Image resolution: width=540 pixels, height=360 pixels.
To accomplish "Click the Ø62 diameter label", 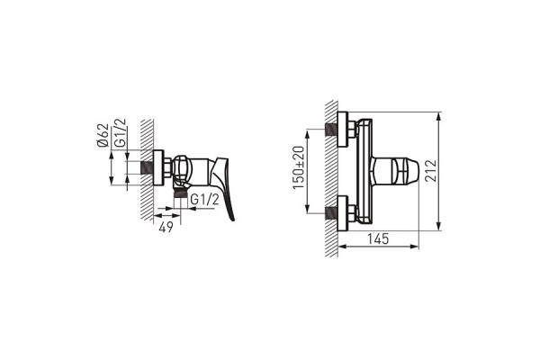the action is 103,136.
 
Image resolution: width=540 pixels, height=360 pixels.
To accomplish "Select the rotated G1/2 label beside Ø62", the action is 121,133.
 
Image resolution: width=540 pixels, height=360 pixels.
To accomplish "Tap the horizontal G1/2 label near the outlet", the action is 204,200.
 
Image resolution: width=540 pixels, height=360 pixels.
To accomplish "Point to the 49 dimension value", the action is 166,227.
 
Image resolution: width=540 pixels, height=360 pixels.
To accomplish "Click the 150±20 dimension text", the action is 299,167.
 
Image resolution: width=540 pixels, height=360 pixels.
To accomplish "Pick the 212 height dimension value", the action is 430,170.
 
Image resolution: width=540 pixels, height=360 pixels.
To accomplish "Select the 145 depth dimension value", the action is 378,238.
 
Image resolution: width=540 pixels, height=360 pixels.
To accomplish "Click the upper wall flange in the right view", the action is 343,130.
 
